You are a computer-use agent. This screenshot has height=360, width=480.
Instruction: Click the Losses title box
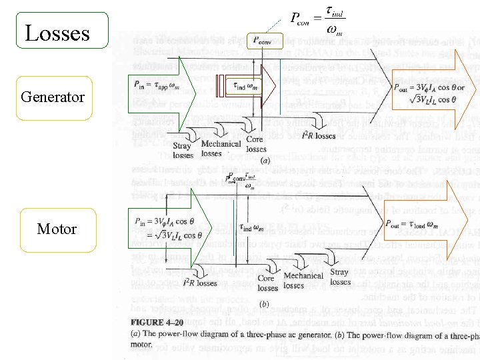[56, 33]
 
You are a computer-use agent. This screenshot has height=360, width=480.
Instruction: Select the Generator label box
[53, 97]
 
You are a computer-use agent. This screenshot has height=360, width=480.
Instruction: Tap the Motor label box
[57, 229]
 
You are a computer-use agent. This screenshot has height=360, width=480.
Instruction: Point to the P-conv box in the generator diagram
[265, 41]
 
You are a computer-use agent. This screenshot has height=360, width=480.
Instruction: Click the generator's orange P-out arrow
[433, 91]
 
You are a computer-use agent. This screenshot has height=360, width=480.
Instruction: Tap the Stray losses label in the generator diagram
[182, 151]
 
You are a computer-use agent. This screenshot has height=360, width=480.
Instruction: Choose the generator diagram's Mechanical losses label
[221, 148]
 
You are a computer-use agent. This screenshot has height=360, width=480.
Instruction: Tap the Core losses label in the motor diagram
[266, 283]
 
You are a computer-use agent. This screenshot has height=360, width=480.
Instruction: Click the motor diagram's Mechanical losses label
[303, 281]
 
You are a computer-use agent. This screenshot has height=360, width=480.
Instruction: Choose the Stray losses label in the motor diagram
[340, 277]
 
